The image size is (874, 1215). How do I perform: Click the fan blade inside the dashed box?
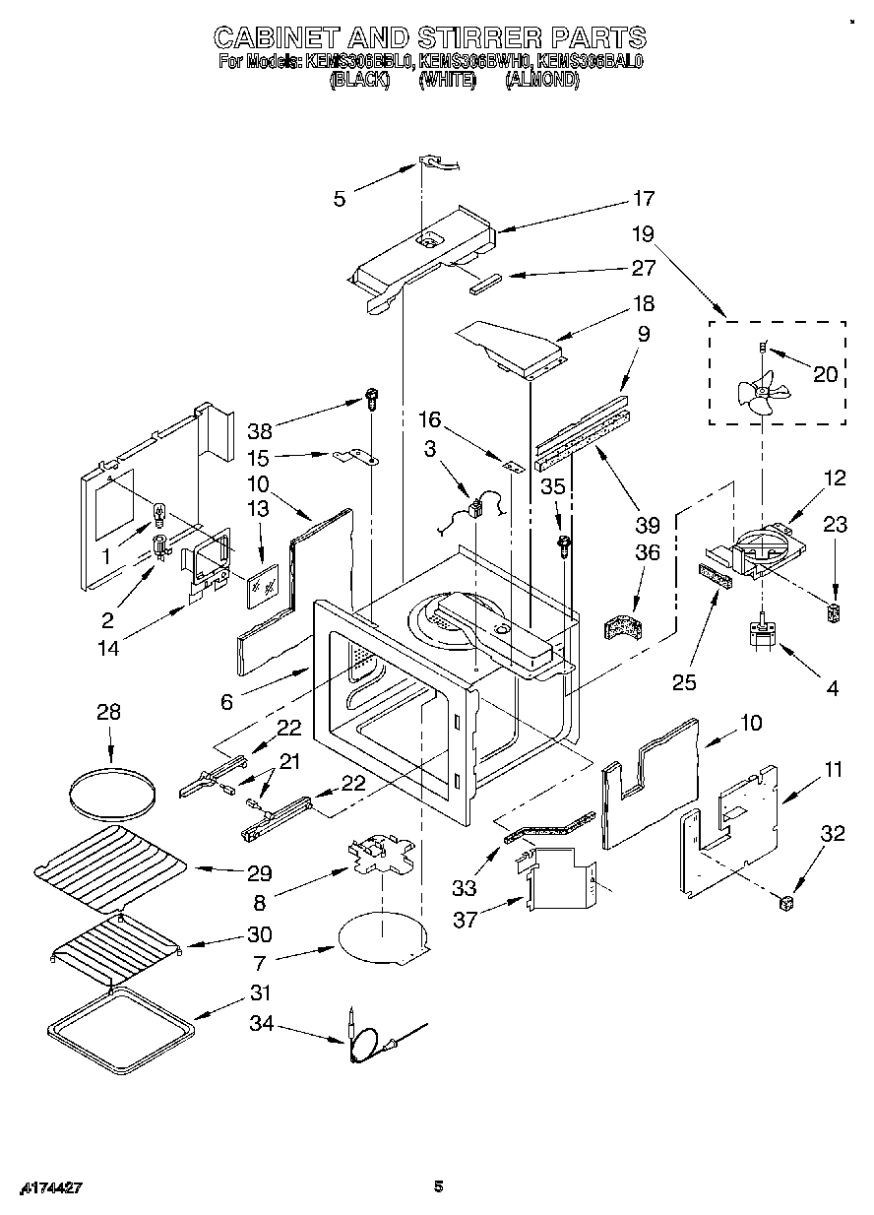point(761,393)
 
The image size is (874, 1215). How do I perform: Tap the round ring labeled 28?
point(114,791)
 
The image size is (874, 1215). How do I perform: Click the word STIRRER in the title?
point(478,39)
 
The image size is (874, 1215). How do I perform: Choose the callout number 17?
point(643,199)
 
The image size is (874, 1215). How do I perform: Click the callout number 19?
point(643,234)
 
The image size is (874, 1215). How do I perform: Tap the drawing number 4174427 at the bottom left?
point(41,1188)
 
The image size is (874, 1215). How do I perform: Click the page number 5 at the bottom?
point(439,1186)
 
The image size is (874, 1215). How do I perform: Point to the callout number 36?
point(647,553)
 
